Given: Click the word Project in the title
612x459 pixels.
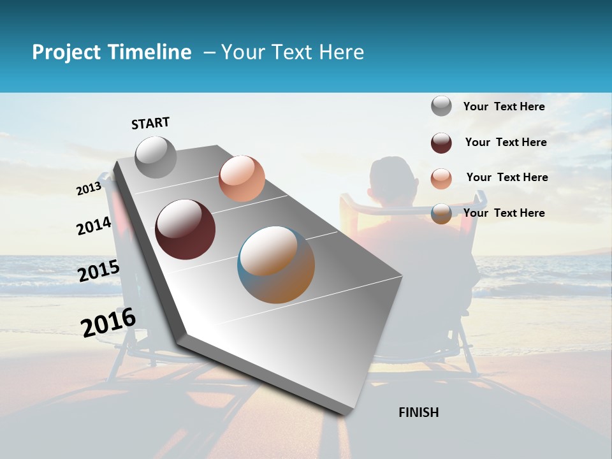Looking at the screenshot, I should click(66, 52).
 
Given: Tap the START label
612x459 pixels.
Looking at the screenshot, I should click(150, 123).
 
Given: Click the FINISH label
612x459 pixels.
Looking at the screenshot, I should click(418, 412).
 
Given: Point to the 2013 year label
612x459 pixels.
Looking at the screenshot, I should click(89, 188).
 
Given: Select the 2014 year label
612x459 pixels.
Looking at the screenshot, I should click(94, 226).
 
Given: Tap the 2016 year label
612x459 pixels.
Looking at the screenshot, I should click(108, 322).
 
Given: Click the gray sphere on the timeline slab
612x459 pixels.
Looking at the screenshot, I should click(156, 157).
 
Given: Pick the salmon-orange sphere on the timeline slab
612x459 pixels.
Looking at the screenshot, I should click(242, 178).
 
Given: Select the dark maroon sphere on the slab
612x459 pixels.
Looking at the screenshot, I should click(185, 229).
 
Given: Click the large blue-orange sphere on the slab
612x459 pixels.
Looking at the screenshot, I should click(276, 265).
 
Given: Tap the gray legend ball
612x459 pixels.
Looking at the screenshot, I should click(441, 106).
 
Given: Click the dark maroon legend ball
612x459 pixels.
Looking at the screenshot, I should click(441, 143).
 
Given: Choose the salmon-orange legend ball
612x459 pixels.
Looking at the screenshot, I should click(441, 178).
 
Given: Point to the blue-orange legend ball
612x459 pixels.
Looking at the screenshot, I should click(441, 214).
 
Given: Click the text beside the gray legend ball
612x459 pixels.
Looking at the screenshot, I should click(504, 106).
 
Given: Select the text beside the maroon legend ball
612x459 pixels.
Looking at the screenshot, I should click(506, 142).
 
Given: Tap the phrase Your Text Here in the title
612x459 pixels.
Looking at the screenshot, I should click(293, 52).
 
